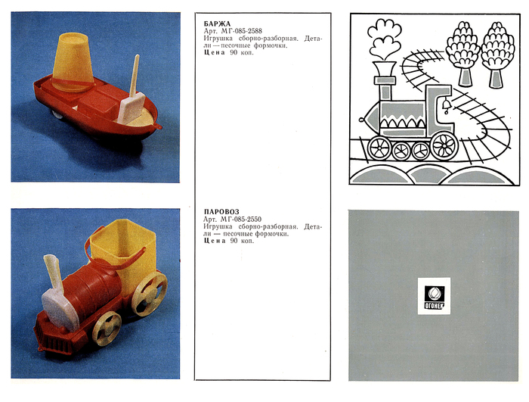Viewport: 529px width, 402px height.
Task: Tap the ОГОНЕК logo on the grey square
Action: (x=435, y=297)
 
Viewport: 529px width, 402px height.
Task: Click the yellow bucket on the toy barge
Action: (x=73, y=62)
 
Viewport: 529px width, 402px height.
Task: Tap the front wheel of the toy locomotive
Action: (x=107, y=328)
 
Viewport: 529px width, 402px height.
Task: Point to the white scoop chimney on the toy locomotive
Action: (x=58, y=294)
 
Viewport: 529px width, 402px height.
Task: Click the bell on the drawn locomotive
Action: (x=447, y=105)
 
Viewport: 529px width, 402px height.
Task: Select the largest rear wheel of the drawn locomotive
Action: (x=444, y=145)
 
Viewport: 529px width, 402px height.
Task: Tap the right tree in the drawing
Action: (x=497, y=55)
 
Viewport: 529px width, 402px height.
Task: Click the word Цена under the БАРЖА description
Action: (x=214, y=52)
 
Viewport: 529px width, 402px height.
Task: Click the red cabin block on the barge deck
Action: (x=97, y=100)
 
